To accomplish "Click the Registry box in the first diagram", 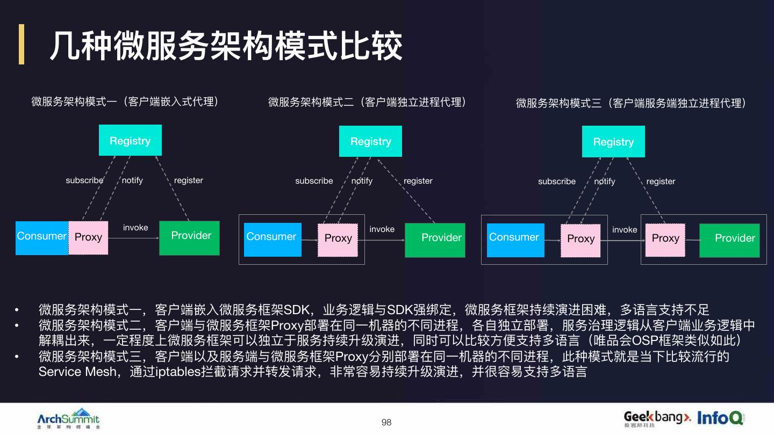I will point(130,140).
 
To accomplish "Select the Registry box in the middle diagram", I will point(370,141).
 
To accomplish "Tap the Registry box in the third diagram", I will point(613,142).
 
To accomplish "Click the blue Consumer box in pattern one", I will point(42,237).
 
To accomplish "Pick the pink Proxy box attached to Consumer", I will point(89,237).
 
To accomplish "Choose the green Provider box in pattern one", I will point(190,237).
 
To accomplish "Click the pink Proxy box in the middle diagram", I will point(338,239).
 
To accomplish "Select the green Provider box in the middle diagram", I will point(435,239).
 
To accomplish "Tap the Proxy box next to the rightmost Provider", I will point(665,239).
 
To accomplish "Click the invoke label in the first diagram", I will point(135,228).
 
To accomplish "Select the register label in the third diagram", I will point(661,182).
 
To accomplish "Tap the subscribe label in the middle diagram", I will point(314,181).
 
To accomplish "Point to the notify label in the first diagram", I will point(132,180).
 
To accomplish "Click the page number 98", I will point(386,423).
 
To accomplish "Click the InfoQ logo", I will point(720,418).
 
